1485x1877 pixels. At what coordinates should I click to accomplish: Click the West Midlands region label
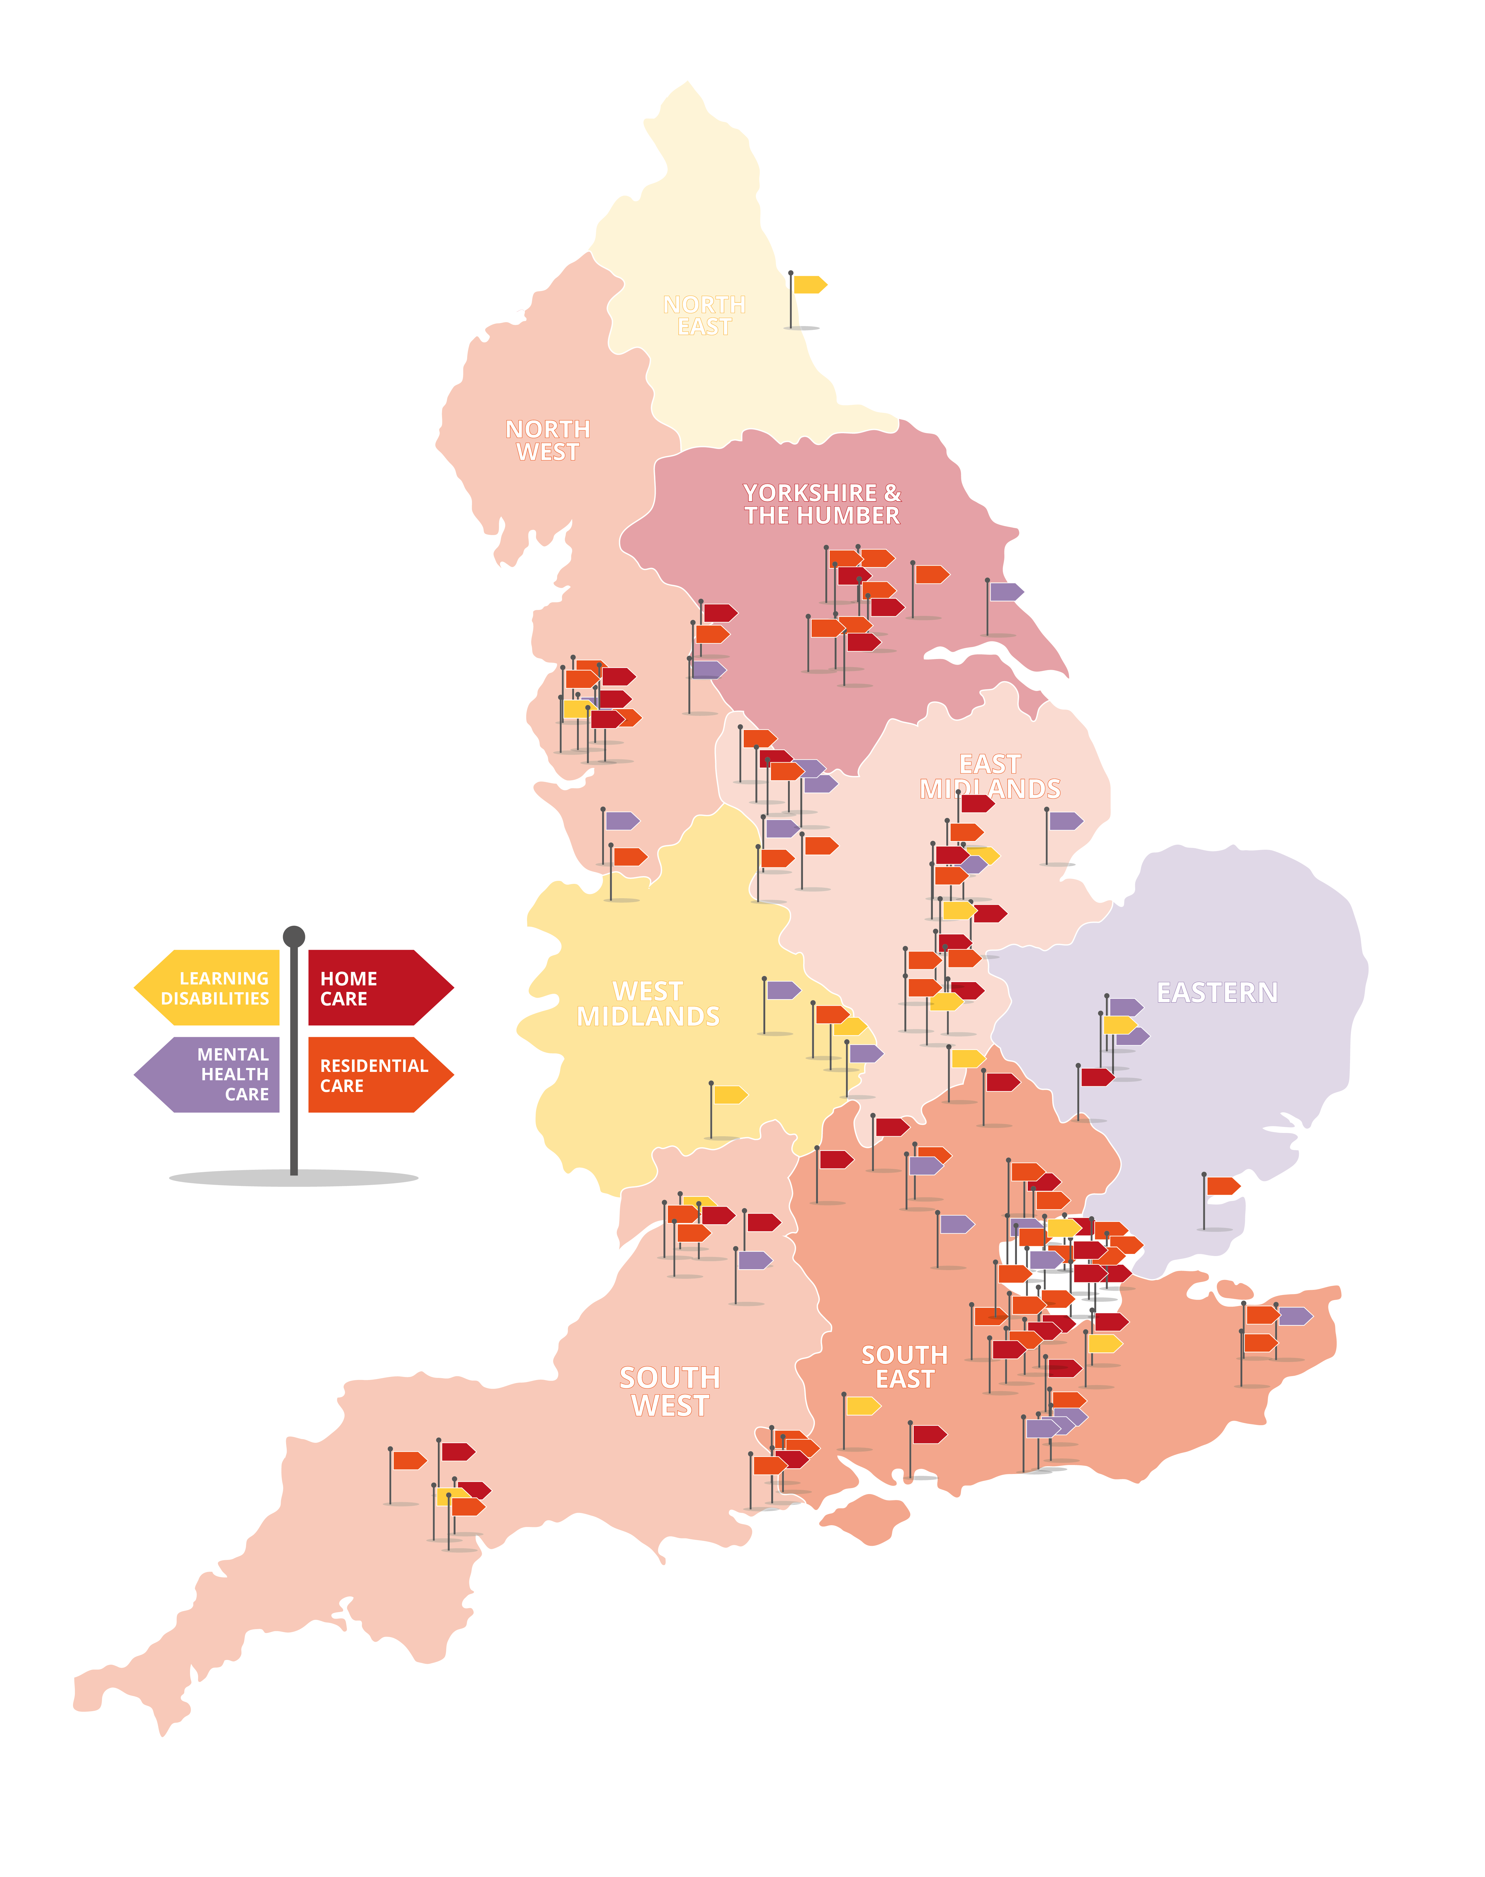click(648, 1004)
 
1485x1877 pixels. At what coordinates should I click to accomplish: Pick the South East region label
click(904, 1367)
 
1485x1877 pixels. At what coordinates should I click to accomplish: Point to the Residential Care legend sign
click(374, 1075)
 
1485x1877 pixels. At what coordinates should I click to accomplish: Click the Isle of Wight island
click(865, 1518)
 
